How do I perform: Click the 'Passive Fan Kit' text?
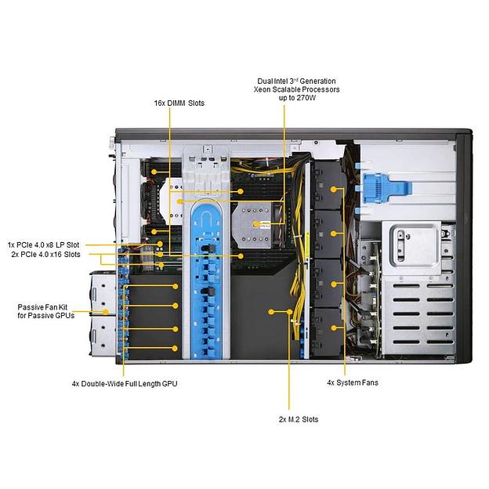point(45,307)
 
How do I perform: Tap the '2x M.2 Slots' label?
point(298,419)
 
